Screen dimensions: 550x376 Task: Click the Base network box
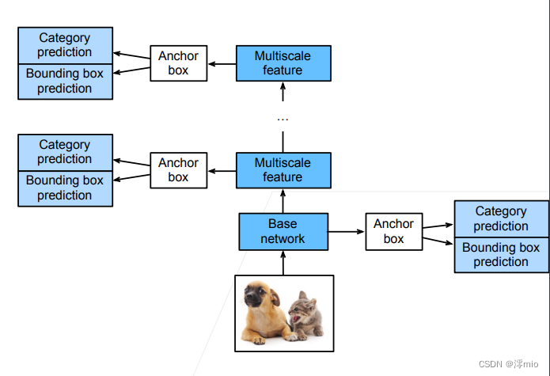pyautogui.click(x=283, y=231)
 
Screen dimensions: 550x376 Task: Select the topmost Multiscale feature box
pyautogui.click(x=283, y=63)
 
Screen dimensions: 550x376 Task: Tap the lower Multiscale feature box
pyautogui.click(x=283, y=170)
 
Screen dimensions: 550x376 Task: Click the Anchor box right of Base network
pyautogui.click(x=394, y=231)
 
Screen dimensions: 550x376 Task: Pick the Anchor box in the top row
pyautogui.click(x=179, y=63)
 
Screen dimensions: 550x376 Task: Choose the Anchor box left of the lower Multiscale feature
pyautogui.click(x=179, y=170)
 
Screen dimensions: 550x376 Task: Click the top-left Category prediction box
pyautogui.click(x=65, y=46)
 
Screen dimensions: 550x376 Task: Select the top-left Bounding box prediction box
pyautogui.click(x=65, y=82)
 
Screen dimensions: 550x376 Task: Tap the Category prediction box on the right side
pyautogui.click(x=502, y=218)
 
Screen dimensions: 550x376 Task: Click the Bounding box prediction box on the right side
pyautogui.click(x=502, y=255)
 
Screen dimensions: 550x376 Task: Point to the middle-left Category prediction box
pyautogui.click(x=65, y=153)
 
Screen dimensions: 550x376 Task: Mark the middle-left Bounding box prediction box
pyautogui.click(x=65, y=188)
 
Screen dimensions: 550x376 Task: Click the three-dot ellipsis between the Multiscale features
pyautogui.click(x=283, y=120)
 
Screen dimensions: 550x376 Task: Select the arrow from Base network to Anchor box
pyautogui.click(x=347, y=231)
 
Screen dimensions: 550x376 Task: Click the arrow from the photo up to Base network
pyautogui.click(x=283, y=263)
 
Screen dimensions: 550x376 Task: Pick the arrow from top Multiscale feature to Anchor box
pyautogui.click(x=222, y=64)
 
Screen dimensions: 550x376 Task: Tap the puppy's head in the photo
pyautogui.click(x=258, y=294)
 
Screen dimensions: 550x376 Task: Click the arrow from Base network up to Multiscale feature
pyautogui.click(x=283, y=201)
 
